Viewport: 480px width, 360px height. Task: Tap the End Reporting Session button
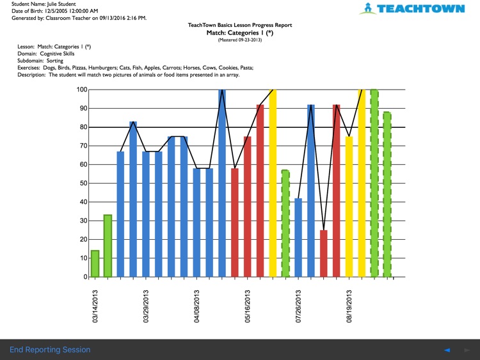50,350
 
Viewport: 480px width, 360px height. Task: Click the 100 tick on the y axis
81,90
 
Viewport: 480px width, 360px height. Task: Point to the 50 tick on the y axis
83,184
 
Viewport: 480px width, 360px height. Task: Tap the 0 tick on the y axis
84,278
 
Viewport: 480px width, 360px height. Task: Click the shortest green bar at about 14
95,264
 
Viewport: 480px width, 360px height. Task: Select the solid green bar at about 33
108,246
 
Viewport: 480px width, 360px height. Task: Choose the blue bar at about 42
298,238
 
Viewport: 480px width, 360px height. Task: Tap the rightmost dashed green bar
387,195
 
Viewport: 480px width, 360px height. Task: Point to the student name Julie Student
58,4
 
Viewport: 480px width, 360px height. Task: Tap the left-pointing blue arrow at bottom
447,350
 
